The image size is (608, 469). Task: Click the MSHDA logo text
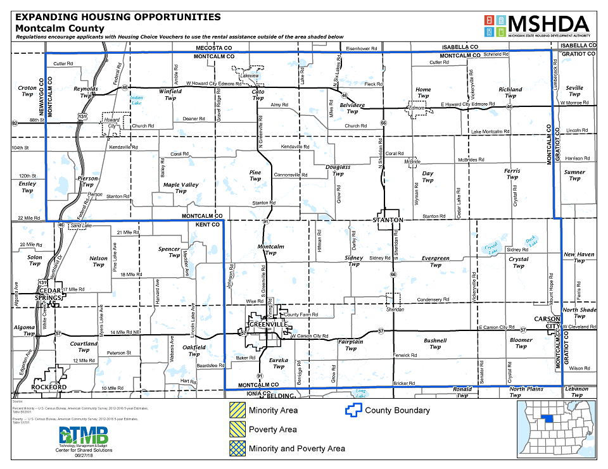click(x=549, y=23)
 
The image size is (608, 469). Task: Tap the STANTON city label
click(x=388, y=220)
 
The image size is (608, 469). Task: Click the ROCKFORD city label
click(x=49, y=387)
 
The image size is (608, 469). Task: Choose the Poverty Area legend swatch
click(x=237, y=430)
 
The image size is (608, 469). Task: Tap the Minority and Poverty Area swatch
click(x=237, y=449)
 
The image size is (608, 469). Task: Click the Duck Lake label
click(x=531, y=241)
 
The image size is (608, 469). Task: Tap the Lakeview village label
click(x=251, y=75)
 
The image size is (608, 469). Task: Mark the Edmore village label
click(x=416, y=108)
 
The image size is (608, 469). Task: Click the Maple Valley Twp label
click(x=181, y=188)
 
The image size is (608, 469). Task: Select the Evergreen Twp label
click(x=436, y=261)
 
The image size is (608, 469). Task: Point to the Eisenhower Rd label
click(x=362, y=48)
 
